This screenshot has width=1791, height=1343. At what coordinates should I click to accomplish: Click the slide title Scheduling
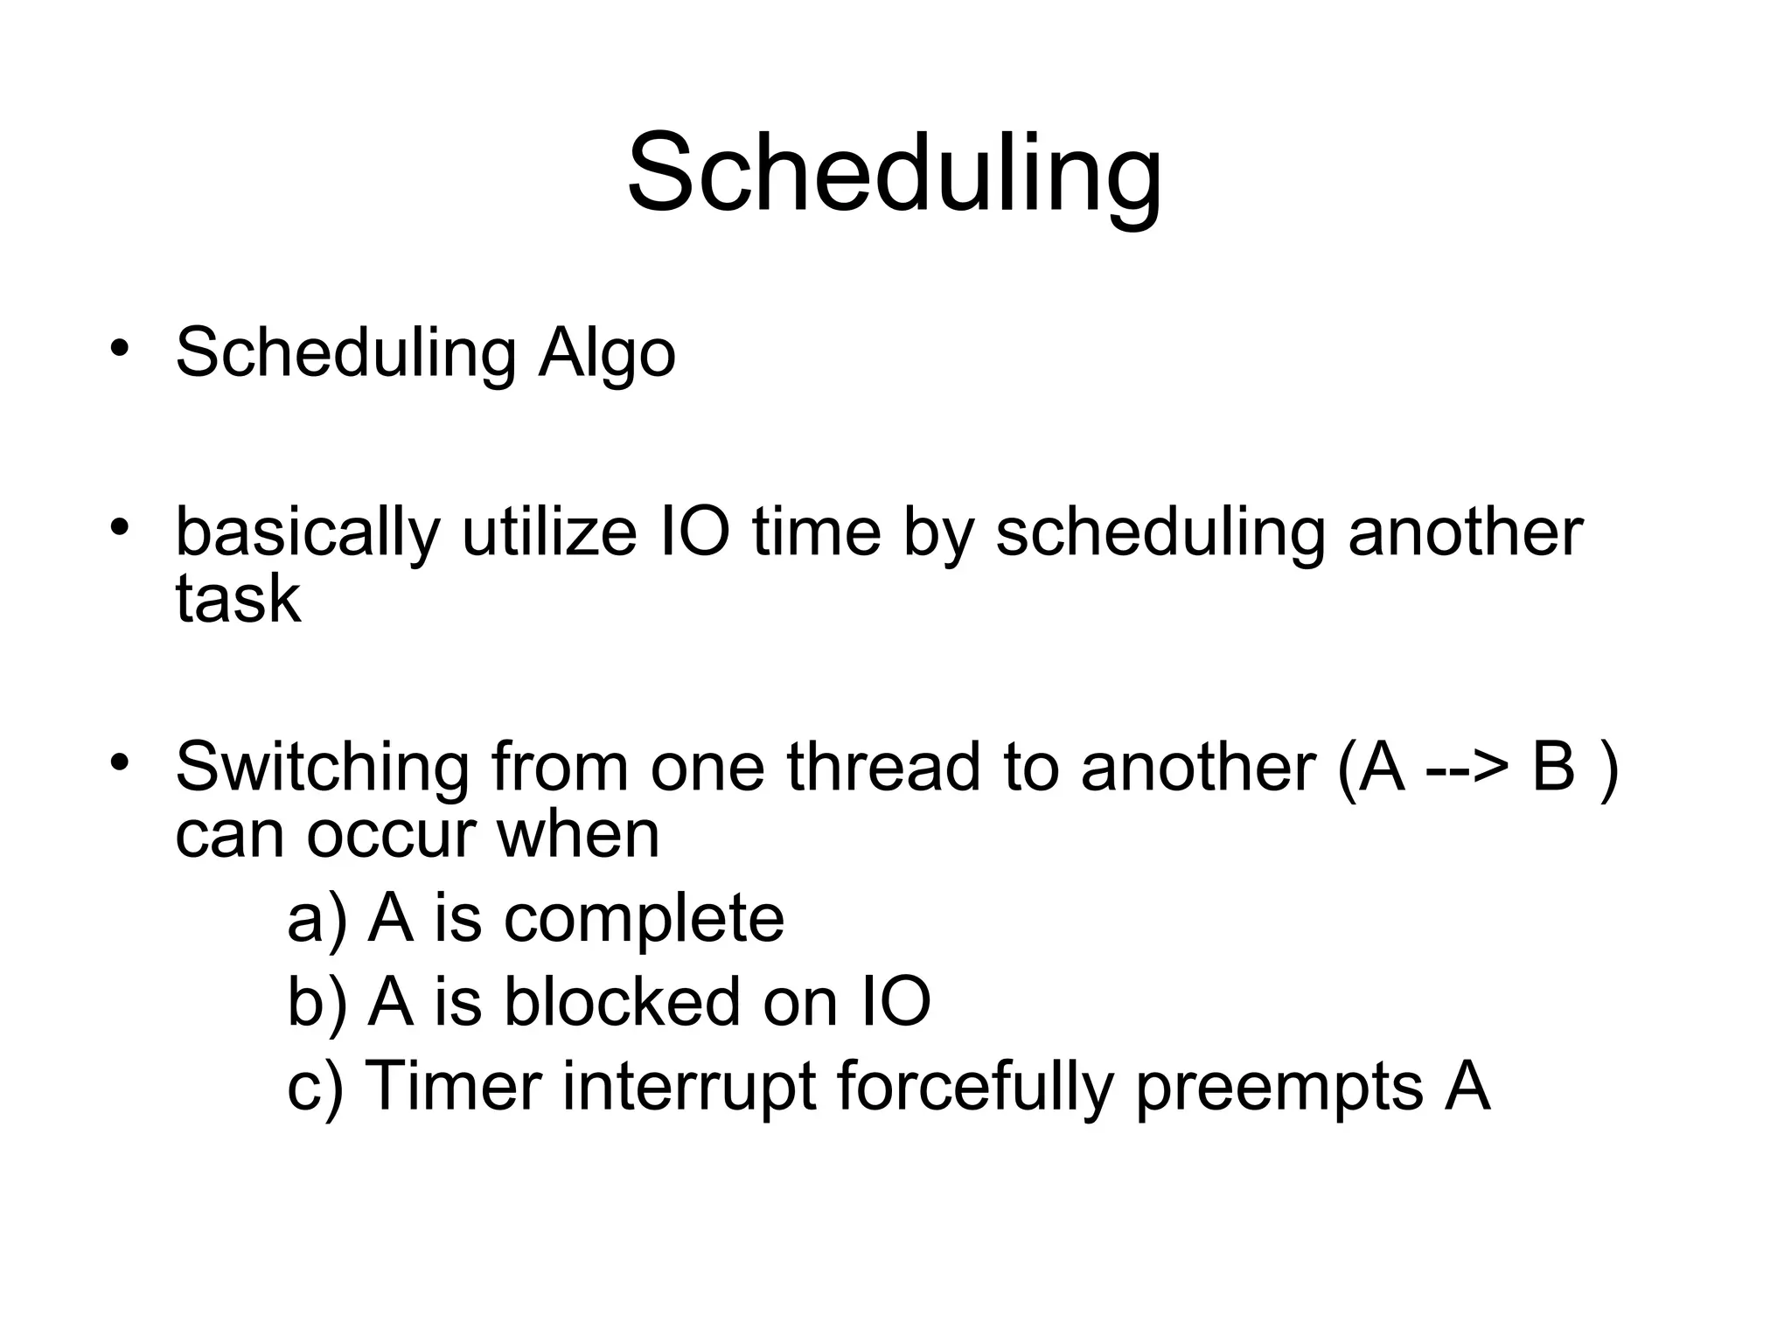(x=894, y=172)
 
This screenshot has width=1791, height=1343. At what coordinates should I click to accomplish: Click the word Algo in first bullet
(x=607, y=353)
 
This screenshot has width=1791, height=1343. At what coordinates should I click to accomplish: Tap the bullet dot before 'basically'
(x=120, y=526)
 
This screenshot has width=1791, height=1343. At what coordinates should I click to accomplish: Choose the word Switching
(x=323, y=768)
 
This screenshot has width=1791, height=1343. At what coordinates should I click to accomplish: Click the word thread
(x=883, y=766)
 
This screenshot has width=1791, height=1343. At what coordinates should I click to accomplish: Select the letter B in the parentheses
(x=1553, y=766)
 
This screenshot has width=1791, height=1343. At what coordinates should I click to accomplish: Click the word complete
(x=644, y=919)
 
